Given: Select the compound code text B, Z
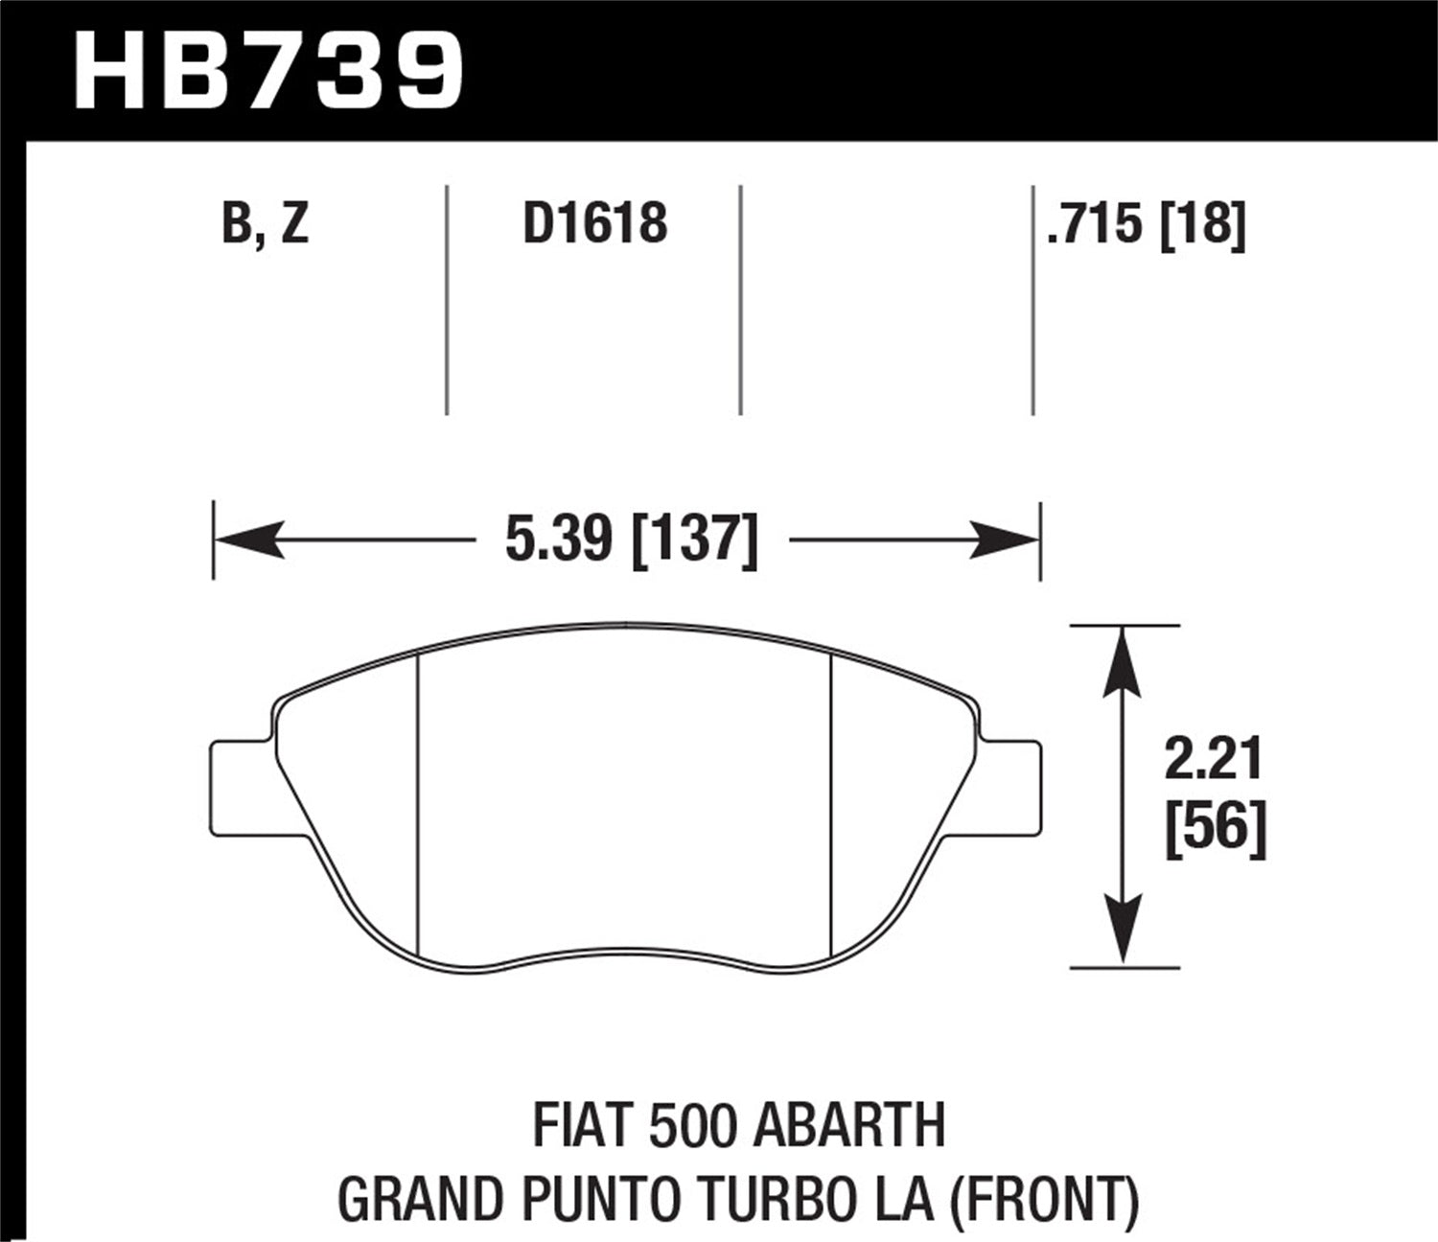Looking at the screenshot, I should (x=265, y=225).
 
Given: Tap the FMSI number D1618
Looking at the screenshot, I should (x=594, y=225).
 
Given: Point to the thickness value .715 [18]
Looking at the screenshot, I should (x=1147, y=225).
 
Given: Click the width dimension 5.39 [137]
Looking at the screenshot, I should (x=631, y=540).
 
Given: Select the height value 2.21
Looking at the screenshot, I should (x=1214, y=760).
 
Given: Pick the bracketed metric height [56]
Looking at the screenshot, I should (x=1216, y=825).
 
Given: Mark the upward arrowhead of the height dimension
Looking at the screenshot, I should (x=1122, y=661).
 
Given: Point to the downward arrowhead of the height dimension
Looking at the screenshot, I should (x=1122, y=930).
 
